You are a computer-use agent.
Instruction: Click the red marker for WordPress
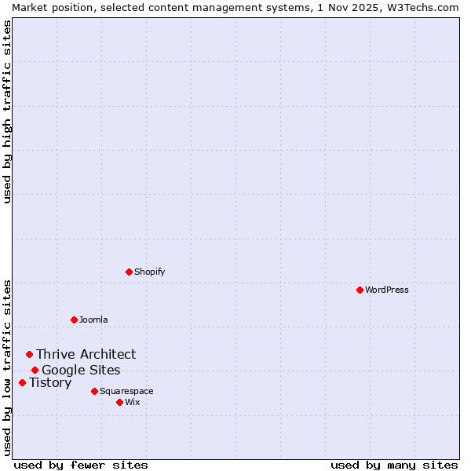[x=360, y=290]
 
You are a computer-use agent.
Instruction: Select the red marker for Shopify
[x=129, y=272]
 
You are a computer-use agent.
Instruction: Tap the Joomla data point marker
[x=74, y=319]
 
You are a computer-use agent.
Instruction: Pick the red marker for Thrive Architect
[x=29, y=355]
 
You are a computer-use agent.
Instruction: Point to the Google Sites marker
[x=35, y=370]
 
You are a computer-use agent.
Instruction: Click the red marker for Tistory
[x=22, y=383]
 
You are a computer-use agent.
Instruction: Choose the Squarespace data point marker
[x=94, y=391]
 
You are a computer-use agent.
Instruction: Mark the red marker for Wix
[x=119, y=402]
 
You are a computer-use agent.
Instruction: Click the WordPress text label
[x=387, y=290]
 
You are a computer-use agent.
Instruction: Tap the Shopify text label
[x=150, y=272]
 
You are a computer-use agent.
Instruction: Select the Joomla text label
[x=93, y=319]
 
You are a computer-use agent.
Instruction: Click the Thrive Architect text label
[x=86, y=355]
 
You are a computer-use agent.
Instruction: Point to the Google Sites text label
[x=81, y=371]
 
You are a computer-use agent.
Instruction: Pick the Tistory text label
[x=50, y=383]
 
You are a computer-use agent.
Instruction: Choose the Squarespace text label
[x=126, y=391]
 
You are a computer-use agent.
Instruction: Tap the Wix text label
[x=133, y=402]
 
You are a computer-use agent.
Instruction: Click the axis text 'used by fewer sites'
[x=81, y=465]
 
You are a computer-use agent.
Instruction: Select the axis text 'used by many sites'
[x=394, y=465]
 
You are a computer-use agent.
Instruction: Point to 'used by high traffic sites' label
[x=7, y=111]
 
